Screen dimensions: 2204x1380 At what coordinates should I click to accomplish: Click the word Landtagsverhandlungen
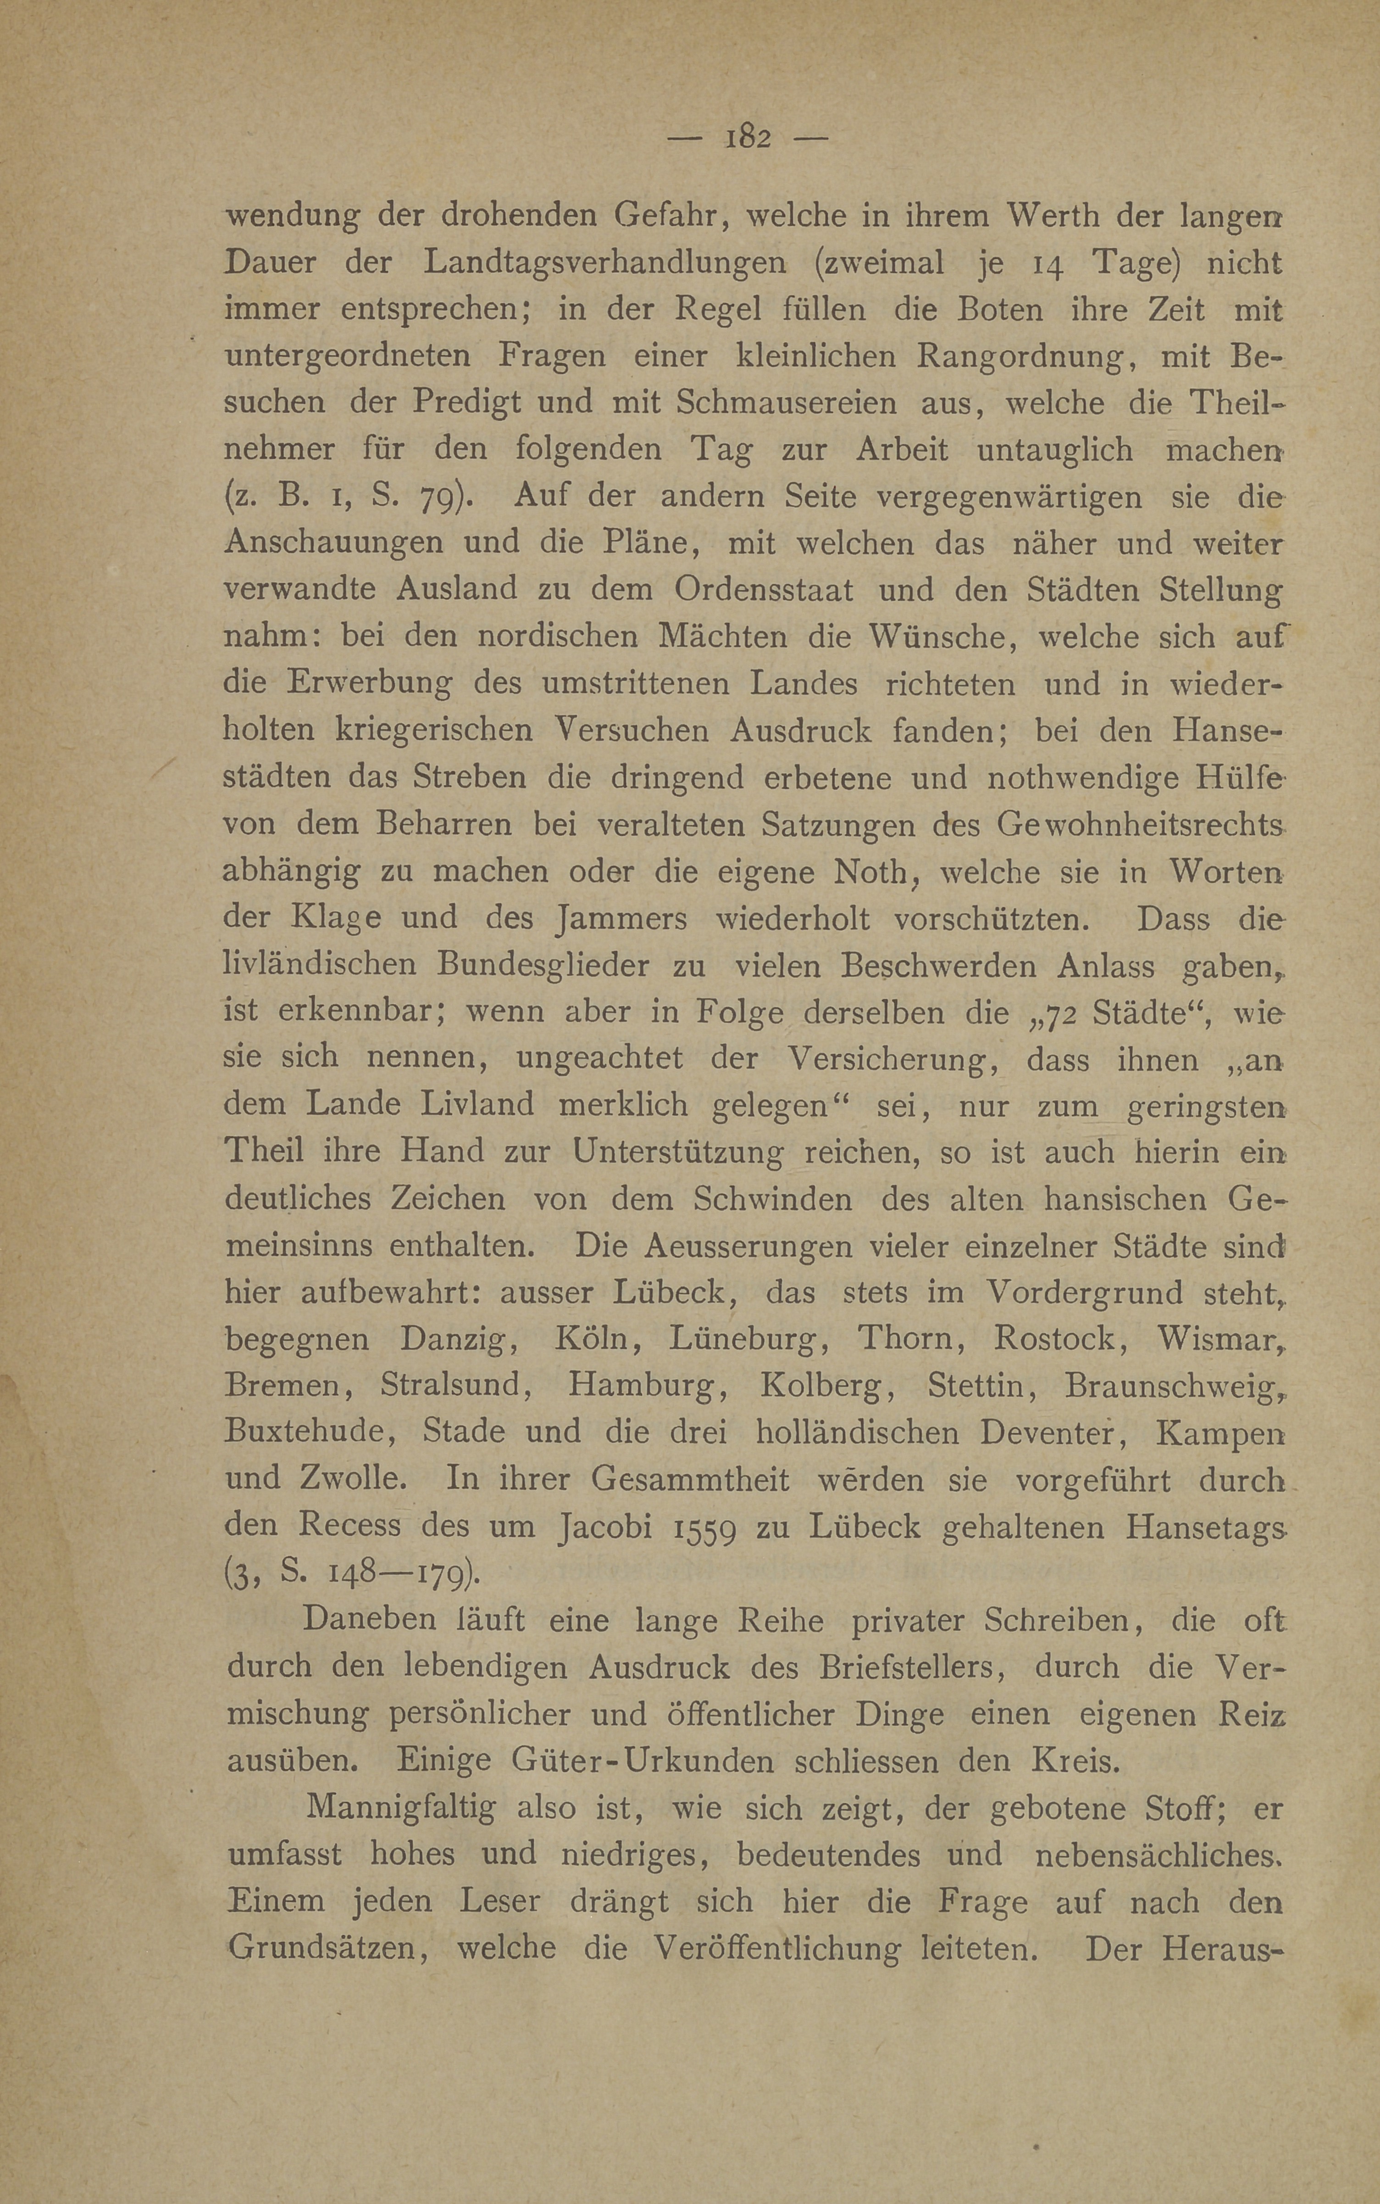click(x=605, y=263)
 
